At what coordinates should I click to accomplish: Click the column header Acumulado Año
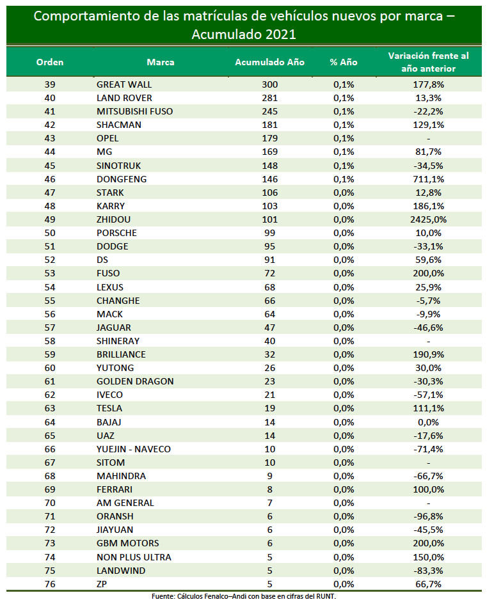point(269,62)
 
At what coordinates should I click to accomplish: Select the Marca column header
point(161,62)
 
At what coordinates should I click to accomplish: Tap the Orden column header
point(50,62)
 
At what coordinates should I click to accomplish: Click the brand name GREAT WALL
point(124,84)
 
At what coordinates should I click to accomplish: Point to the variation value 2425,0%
point(428,220)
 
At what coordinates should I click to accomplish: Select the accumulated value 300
point(269,84)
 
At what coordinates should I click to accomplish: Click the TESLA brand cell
point(109,409)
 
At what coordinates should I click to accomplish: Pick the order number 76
point(50,584)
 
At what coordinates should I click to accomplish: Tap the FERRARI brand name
point(114,490)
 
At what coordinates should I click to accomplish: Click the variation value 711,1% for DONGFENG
point(428,179)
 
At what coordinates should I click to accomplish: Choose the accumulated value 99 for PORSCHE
point(269,233)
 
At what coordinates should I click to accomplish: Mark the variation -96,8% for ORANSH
point(428,517)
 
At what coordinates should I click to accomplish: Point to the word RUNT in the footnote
point(326,596)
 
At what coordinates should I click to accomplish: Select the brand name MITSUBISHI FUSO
point(134,112)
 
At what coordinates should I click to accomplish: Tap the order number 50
point(50,233)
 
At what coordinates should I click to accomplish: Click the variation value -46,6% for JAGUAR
point(428,328)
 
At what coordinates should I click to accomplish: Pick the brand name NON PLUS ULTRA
point(134,557)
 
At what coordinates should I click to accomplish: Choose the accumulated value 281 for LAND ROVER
point(269,99)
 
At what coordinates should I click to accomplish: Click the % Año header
point(344,62)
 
